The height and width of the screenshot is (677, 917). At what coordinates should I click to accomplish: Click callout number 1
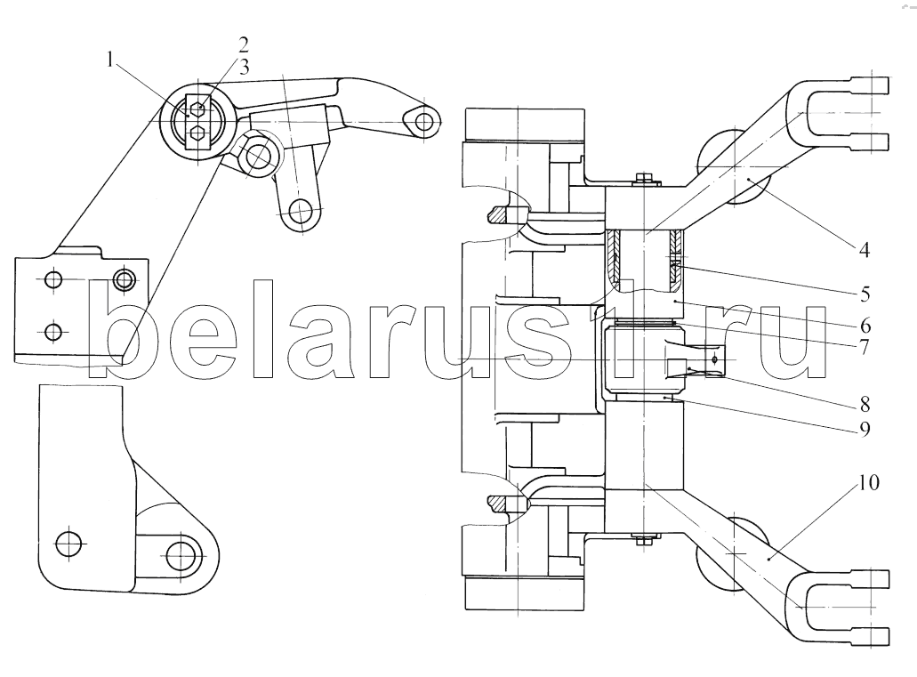point(109,60)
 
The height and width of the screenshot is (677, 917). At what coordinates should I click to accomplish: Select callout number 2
point(243,45)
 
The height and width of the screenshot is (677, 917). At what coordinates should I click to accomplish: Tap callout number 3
point(244,68)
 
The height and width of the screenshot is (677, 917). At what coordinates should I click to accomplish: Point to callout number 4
point(864,250)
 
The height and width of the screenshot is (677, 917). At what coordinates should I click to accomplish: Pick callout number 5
point(865,294)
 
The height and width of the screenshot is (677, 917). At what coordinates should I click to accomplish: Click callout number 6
point(865,326)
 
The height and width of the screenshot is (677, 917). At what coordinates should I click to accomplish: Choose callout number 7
point(865,346)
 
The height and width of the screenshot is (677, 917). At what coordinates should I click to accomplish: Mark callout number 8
point(865,404)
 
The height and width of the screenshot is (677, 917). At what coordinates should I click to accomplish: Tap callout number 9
point(865,429)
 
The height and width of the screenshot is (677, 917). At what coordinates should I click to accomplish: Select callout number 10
point(868,483)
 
